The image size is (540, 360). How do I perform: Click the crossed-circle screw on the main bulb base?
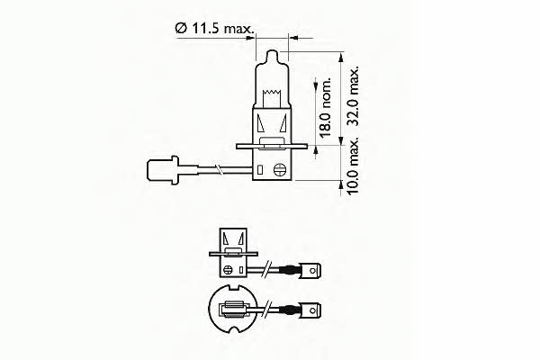[277, 166]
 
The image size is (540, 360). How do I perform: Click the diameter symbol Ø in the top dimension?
[179, 31]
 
